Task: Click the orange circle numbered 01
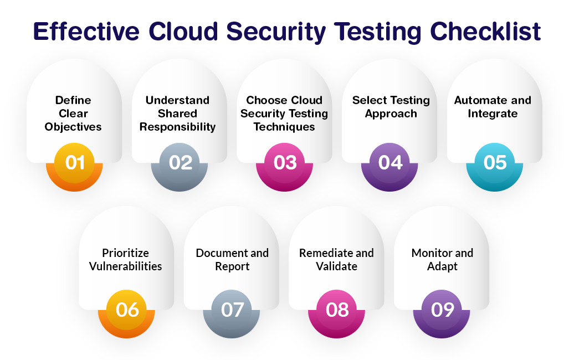75,163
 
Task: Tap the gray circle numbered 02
180,163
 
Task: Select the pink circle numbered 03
285,163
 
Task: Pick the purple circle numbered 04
390,163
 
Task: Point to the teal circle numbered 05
495,163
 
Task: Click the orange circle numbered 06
127,310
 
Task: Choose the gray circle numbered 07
232,310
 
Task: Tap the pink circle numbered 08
337,310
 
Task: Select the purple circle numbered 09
442,310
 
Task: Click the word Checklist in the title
485,32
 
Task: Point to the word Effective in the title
86,32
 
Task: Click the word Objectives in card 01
73,127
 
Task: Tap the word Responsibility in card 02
178,127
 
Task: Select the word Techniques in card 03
284,127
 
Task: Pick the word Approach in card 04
391,114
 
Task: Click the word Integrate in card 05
493,114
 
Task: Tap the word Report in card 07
232,266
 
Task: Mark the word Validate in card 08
337,266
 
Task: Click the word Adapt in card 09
442,266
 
